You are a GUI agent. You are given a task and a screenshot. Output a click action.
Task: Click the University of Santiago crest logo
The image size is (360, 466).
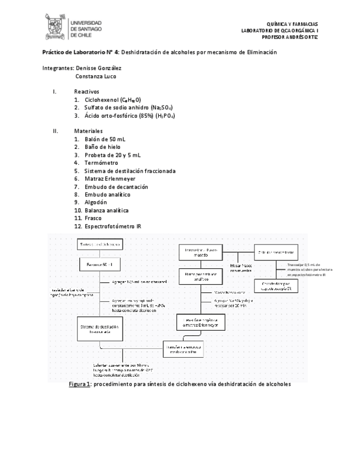[55, 26]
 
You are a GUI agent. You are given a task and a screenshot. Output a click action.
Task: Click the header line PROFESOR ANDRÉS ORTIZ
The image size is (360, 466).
[290, 37]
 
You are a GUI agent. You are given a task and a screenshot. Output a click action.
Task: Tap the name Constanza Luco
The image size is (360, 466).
[96, 76]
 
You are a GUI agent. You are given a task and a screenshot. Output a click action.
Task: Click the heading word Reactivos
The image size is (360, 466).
[87, 92]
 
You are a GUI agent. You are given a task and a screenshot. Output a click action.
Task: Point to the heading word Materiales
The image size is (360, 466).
[88, 131]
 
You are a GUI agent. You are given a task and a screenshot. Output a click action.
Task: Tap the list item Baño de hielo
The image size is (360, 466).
[102, 147]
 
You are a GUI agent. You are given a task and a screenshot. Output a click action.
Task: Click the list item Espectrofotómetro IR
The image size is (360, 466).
[112, 226]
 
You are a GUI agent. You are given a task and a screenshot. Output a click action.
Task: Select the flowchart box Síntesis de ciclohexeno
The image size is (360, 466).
[99, 245]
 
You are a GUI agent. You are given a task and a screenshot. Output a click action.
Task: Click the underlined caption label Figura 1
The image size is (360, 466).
[79, 385]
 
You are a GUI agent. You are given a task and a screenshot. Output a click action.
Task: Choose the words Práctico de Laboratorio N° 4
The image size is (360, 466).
[81, 52]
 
